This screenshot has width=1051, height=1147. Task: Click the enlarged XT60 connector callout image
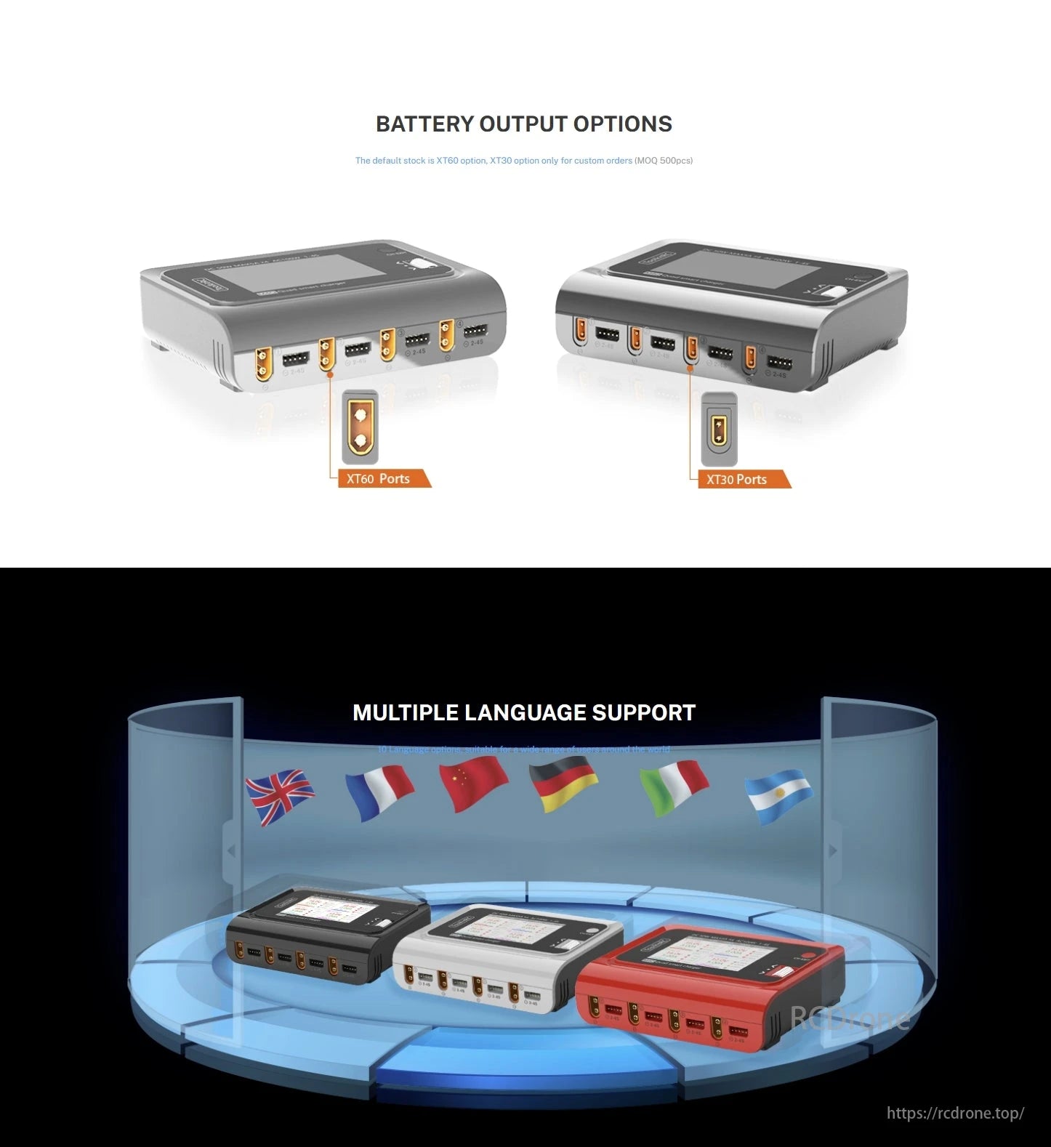click(360, 427)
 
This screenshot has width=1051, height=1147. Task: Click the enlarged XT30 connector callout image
click(719, 430)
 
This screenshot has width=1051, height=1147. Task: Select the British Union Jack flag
click(279, 796)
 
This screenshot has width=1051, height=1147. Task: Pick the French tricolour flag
click(379, 793)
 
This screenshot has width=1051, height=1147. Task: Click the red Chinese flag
click(473, 784)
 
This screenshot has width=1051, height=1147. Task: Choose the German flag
click(563, 784)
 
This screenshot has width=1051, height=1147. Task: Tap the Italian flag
click(674, 787)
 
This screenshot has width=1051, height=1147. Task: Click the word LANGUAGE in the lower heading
click(525, 713)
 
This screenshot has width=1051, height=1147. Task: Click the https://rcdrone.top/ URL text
click(955, 1113)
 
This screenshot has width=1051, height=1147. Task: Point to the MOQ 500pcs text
click(664, 161)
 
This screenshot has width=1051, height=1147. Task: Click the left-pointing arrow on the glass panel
click(231, 850)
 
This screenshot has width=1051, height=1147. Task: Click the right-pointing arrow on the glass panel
click(833, 850)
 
